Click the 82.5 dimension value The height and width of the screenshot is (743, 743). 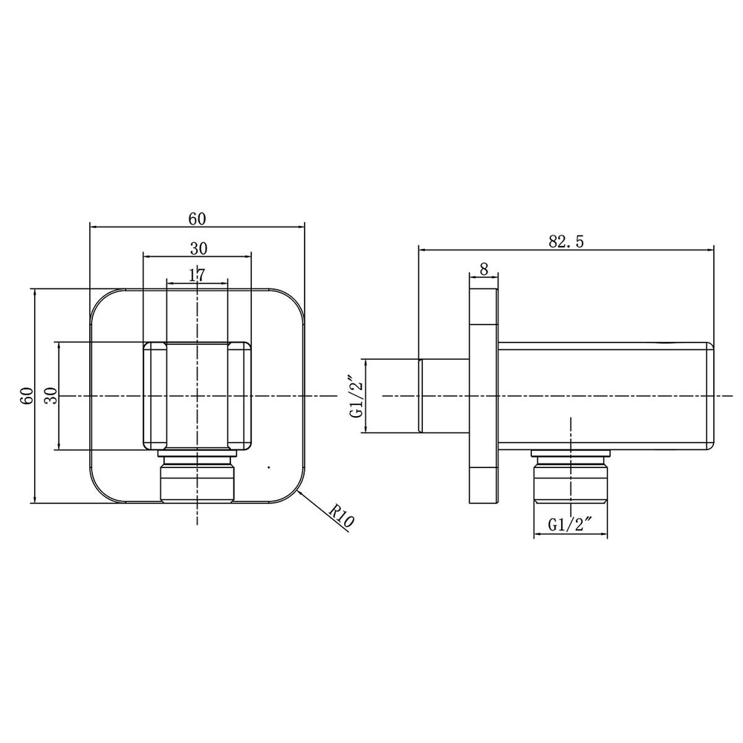pos(566,241)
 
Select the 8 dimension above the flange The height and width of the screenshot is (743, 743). pos(484,269)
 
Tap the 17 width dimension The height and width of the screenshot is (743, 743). pos(197,275)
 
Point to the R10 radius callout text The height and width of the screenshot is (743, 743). pos(342,516)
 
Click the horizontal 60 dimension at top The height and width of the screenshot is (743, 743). pos(197,219)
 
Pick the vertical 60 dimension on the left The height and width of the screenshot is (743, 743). pos(27,395)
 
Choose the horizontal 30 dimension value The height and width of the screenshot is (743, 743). pos(199,248)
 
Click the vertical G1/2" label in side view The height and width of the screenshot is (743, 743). pos(357,396)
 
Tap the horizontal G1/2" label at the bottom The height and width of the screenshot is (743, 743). pos(571,525)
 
